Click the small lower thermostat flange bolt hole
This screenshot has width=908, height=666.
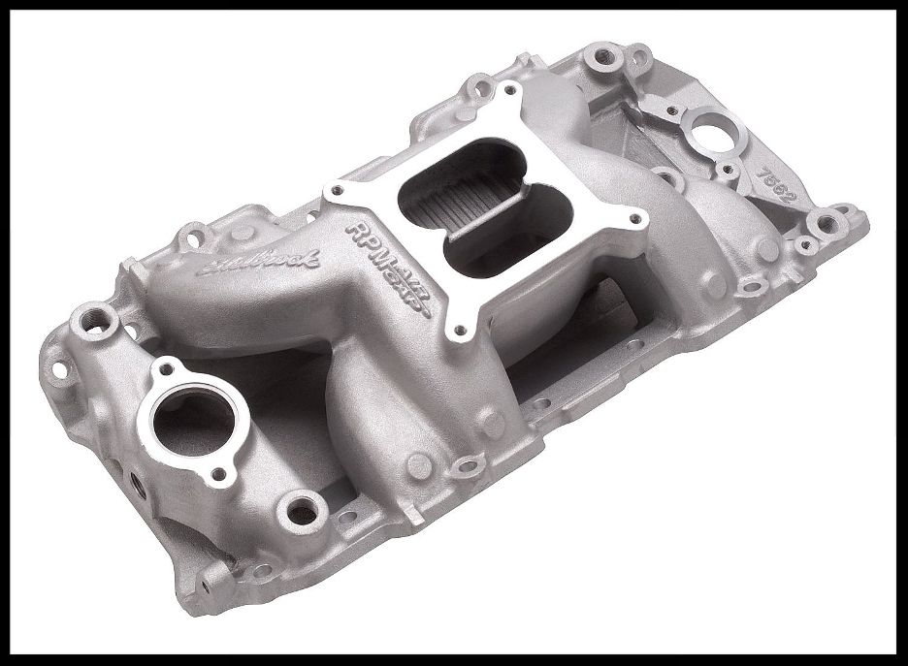[x=219, y=473]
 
